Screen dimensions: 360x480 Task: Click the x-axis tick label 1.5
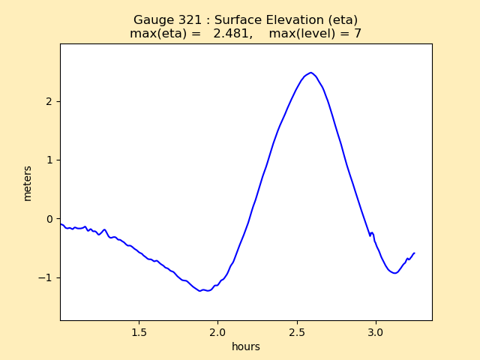click(139, 331)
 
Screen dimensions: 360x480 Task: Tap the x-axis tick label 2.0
click(217, 331)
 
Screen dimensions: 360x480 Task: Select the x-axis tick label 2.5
click(296, 331)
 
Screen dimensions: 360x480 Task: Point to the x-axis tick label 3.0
click(375, 331)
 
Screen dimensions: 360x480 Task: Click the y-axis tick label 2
click(49, 101)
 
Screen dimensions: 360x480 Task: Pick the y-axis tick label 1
click(49, 160)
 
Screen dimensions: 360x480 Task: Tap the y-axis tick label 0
click(49, 219)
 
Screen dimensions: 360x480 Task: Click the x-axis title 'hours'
click(246, 346)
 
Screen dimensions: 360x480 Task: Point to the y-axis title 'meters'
click(28, 183)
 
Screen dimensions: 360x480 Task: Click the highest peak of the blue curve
click(310, 73)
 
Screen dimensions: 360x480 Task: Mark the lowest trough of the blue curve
click(201, 291)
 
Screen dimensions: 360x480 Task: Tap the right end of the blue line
click(414, 253)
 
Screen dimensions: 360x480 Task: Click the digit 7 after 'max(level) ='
click(358, 34)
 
